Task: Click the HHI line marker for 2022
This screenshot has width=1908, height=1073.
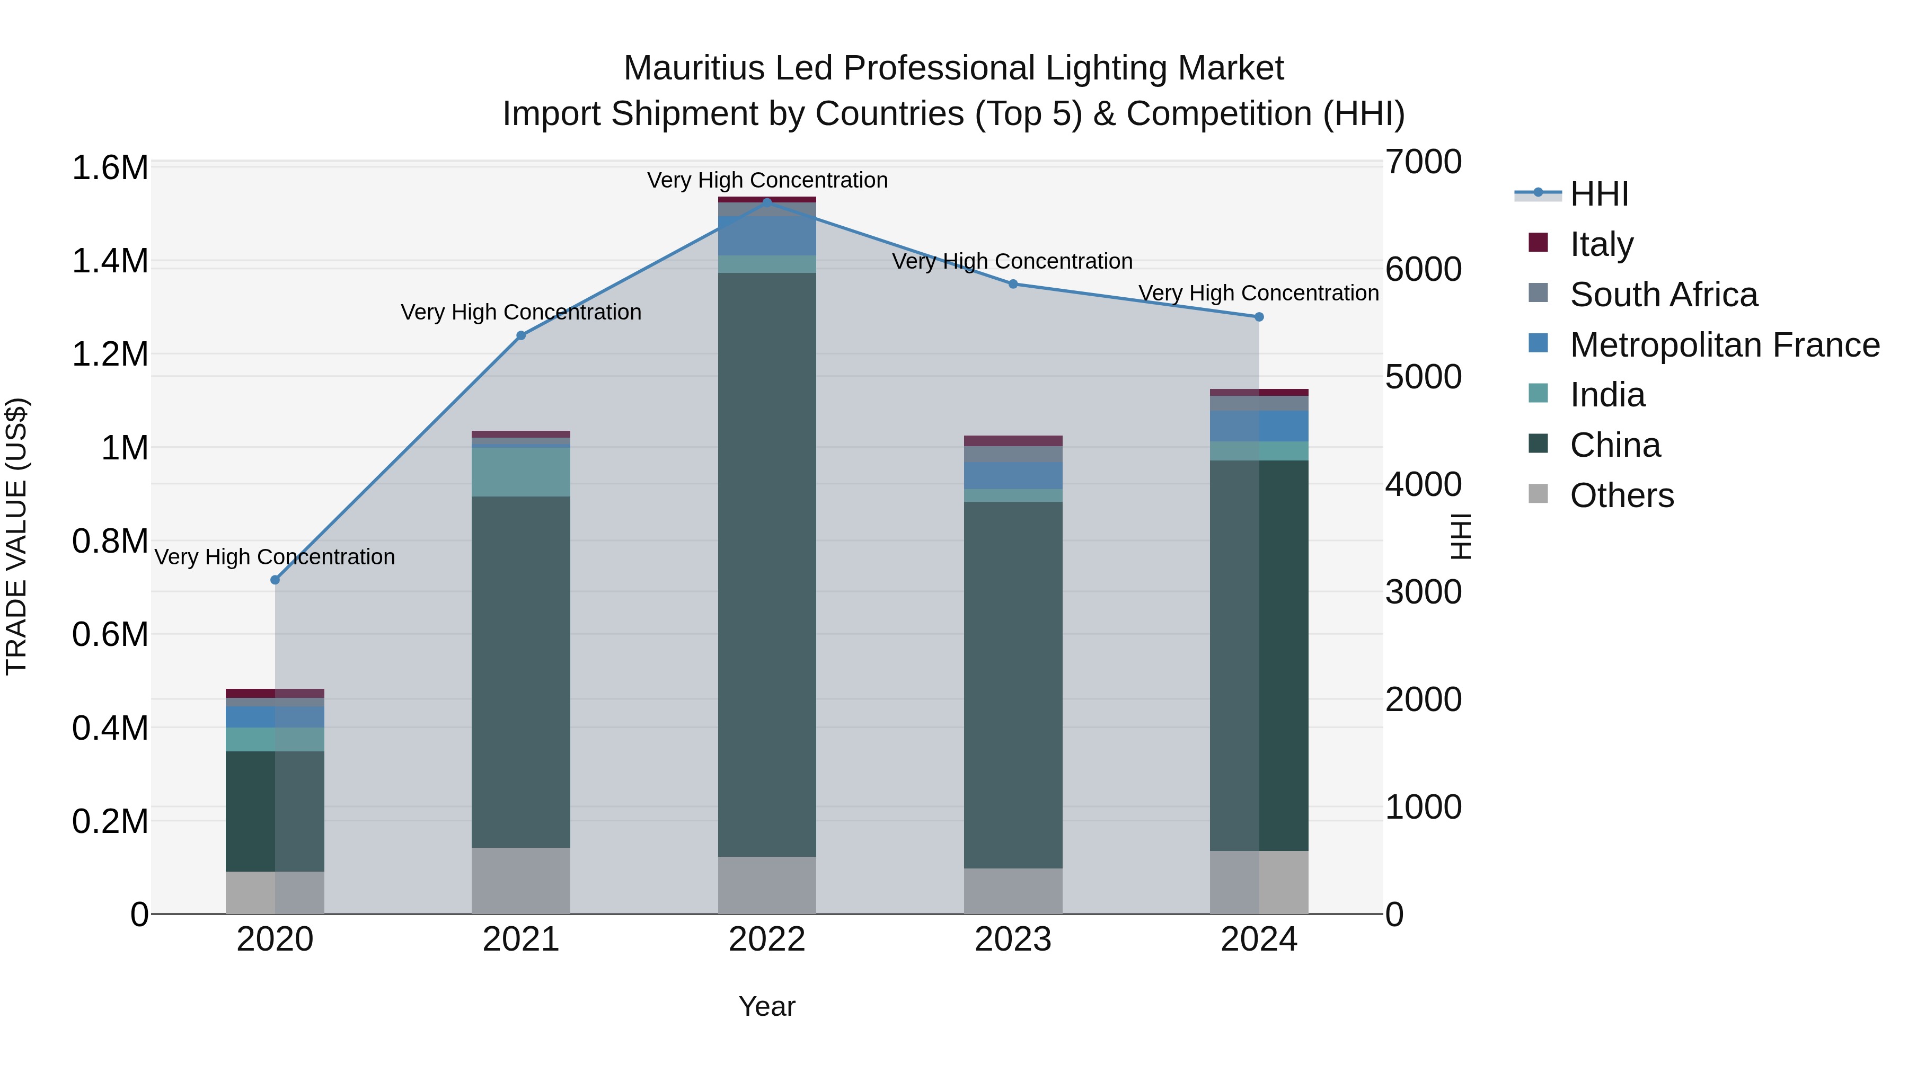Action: point(766,201)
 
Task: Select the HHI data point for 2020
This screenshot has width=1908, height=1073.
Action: point(275,580)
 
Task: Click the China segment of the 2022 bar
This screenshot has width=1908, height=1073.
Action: point(766,563)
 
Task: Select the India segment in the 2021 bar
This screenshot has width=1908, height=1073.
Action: point(520,471)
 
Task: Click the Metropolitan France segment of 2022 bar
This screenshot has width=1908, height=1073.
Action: point(766,235)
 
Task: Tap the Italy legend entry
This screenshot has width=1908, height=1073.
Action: point(1601,244)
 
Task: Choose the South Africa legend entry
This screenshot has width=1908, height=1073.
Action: point(1663,294)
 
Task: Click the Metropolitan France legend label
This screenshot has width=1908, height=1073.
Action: point(1724,344)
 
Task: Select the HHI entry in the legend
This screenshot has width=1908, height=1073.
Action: point(1598,194)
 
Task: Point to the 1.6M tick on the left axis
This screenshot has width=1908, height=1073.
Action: point(110,167)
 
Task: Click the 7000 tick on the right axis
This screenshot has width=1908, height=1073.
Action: point(1423,162)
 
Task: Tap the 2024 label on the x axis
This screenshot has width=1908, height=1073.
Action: point(1258,939)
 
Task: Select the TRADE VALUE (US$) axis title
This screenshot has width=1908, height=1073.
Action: point(16,536)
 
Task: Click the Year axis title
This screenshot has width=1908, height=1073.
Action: point(766,1006)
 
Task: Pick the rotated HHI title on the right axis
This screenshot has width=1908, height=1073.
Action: point(1460,536)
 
